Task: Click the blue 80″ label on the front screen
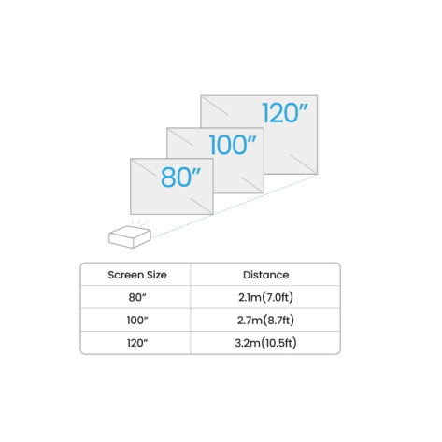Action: tap(180, 177)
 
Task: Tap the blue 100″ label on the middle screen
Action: tap(233, 145)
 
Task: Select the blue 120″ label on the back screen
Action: tap(285, 112)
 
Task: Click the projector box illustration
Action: tap(130, 236)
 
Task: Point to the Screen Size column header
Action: tap(137, 275)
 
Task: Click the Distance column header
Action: tap(265, 275)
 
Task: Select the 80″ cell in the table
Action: tap(137, 297)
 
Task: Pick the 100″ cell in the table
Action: tap(137, 321)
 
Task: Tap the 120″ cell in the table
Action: tap(137, 343)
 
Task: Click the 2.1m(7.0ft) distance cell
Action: tap(265, 297)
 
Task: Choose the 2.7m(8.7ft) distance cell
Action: tap(265, 321)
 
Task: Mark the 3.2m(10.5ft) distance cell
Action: tap(265, 343)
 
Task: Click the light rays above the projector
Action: tap(139, 222)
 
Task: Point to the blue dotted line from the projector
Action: tap(234, 207)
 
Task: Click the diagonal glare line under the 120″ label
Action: tap(303, 163)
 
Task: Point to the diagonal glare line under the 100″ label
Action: tap(251, 184)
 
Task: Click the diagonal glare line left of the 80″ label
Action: tap(143, 168)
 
